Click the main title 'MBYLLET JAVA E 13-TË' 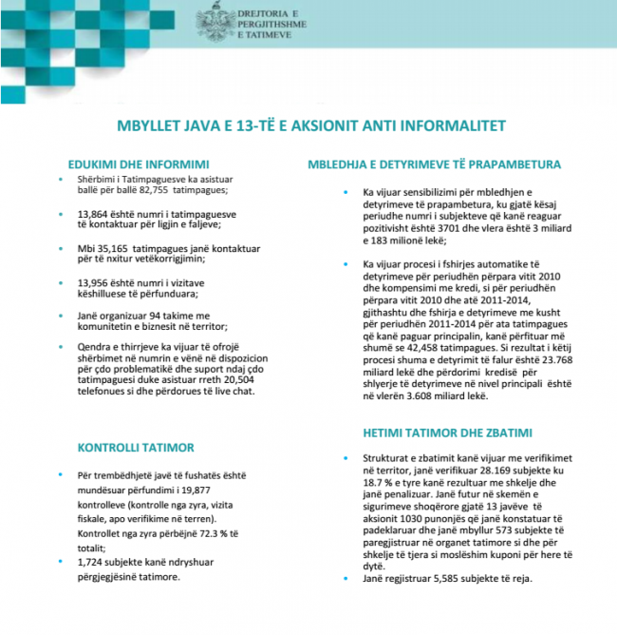click(308, 125)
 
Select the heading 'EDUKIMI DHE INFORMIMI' click(139, 163)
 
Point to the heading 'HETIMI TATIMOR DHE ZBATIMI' click(446, 433)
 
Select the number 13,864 click(94, 214)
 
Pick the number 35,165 click(114, 247)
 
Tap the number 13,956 click(94, 281)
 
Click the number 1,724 click(92, 563)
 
